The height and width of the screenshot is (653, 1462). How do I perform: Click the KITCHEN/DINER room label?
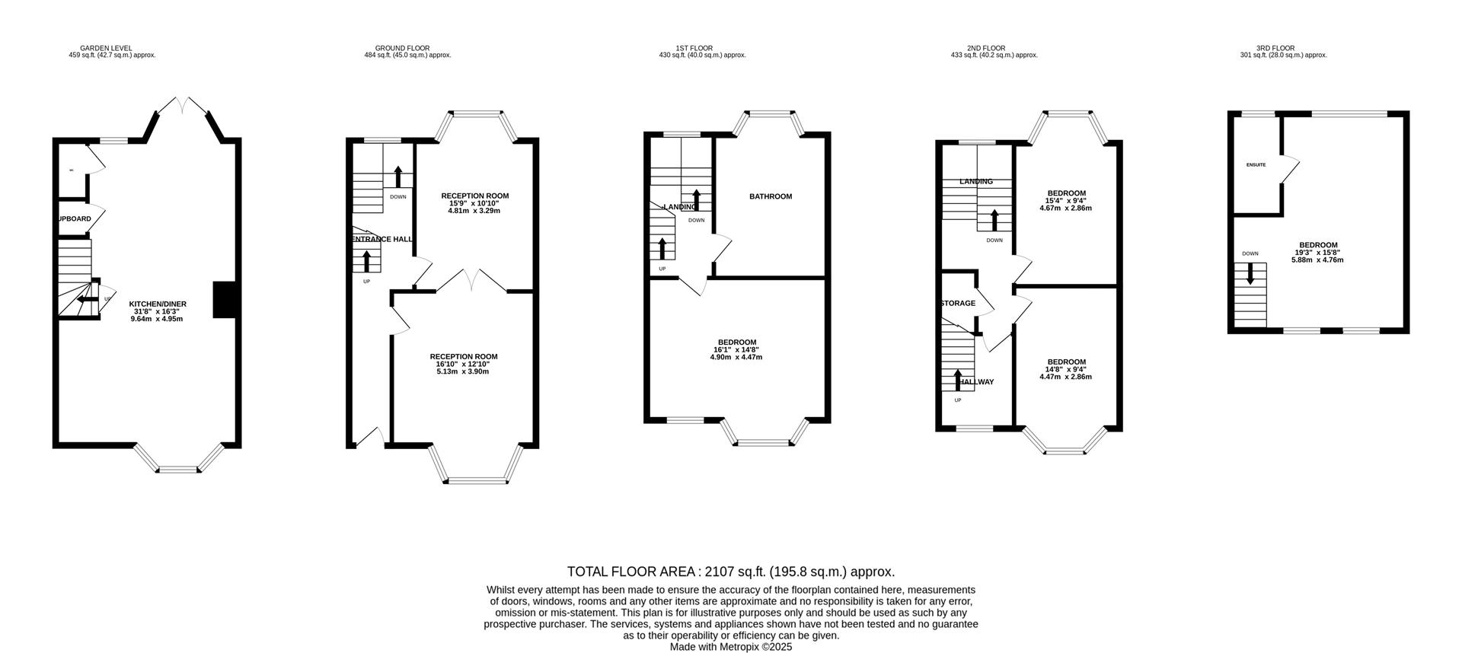tap(157, 304)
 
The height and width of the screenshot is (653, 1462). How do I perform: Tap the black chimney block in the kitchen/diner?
tap(224, 300)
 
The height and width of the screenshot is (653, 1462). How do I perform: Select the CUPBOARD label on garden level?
tap(75, 218)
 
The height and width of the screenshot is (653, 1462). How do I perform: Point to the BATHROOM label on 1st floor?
tap(770, 196)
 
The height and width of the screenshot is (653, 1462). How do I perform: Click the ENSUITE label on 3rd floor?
tap(1256, 164)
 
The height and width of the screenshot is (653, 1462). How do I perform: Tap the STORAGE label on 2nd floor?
tap(957, 303)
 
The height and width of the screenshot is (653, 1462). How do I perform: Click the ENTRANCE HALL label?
tap(381, 239)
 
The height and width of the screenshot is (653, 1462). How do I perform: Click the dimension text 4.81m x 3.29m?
tap(474, 211)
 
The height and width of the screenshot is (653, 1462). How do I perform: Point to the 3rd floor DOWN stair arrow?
tap(1250, 274)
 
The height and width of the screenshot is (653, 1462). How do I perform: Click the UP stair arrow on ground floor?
tap(367, 261)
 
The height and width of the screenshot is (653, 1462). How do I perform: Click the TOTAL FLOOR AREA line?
tap(730, 572)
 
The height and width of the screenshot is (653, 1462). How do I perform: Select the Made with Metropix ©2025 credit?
tap(730, 647)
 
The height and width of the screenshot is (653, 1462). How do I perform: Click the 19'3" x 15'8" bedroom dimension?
tap(1317, 253)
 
